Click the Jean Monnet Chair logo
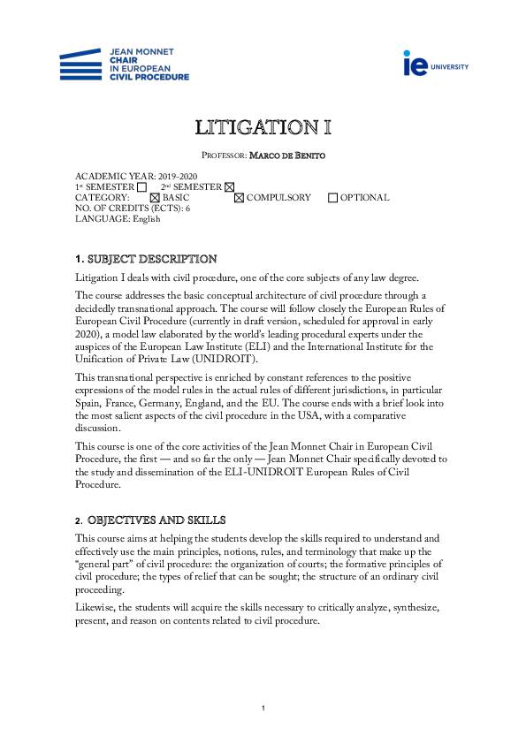[124, 65]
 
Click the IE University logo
[436, 64]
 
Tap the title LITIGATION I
[263, 127]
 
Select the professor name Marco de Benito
[286, 156]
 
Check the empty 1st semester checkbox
[141, 187]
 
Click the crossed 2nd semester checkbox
[230, 187]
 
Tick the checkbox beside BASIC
[156, 198]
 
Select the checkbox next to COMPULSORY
[239, 198]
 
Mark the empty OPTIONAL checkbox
[332, 198]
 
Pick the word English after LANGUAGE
[147, 219]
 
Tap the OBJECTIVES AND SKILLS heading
[156, 520]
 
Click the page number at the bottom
[263, 709]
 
